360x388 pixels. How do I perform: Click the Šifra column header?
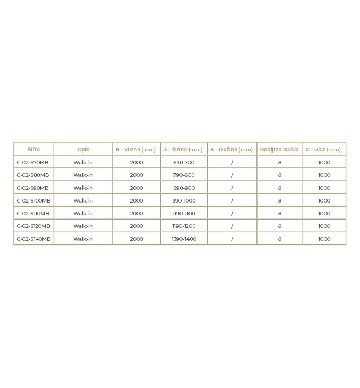pyautogui.click(x=33, y=149)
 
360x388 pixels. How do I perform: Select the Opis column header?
pyautogui.click(x=83, y=149)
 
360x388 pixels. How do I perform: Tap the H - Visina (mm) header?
pyautogui.click(x=136, y=149)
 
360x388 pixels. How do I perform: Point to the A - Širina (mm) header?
pyautogui.click(x=183, y=149)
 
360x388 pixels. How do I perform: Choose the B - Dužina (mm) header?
pyautogui.click(x=232, y=149)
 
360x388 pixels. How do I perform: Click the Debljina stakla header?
pyautogui.click(x=279, y=149)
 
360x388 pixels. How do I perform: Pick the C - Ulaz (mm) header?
pyautogui.click(x=323, y=149)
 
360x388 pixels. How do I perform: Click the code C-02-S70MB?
pyautogui.click(x=32, y=162)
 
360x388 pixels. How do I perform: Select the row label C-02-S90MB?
pyautogui.click(x=32, y=188)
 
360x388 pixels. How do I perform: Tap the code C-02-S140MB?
pyautogui.click(x=33, y=239)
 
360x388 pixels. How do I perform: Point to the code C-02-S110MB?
pyautogui.click(x=33, y=213)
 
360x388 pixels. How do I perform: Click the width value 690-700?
pyautogui.click(x=184, y=162)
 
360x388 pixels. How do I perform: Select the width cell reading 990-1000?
pyautogui.click(x=184, y=200)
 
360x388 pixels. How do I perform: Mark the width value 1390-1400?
pyautogui.click(x=184, y=239)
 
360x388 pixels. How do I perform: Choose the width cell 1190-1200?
pyautogui.click(x=184, y=226)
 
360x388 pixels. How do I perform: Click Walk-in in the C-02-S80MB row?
pyautogui.click(x=83, y=175)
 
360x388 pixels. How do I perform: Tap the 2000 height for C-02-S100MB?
pyautogui.click(x=136, y=200)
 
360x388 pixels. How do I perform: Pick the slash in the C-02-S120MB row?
pyautogui.click(x=232, y=226)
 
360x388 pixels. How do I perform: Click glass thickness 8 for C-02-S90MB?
pyautogui.click(x=280, y=188)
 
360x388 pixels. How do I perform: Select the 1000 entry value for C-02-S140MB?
pyautogui.click(x=324, y=239)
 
